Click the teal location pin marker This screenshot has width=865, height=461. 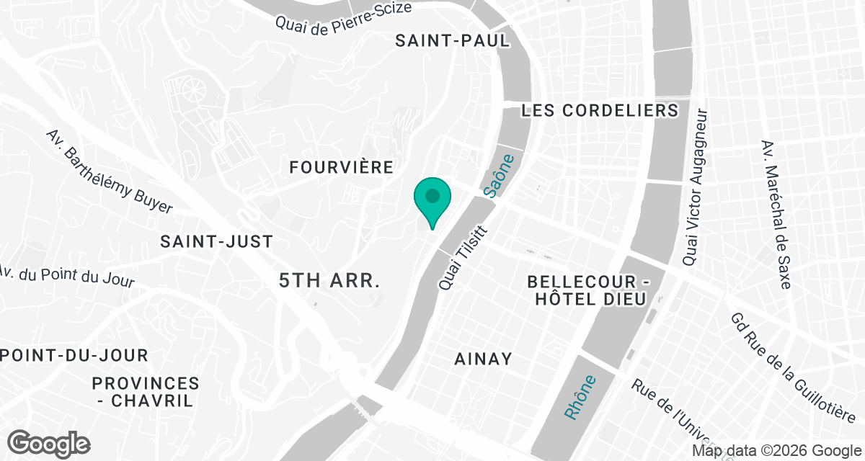432,199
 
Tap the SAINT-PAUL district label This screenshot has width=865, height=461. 452,40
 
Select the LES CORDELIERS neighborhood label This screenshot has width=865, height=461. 600,110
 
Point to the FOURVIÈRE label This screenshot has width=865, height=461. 341,167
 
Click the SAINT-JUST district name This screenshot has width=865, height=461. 217,241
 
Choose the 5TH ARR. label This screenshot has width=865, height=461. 329,281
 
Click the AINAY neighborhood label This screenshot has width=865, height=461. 484,358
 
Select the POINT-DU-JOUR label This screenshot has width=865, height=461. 74,355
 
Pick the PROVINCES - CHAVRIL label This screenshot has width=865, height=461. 146,392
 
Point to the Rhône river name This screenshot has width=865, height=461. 580,398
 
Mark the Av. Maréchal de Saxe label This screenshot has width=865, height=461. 775,214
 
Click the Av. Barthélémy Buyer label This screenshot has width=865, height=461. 109,171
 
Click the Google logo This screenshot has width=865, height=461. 48,442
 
